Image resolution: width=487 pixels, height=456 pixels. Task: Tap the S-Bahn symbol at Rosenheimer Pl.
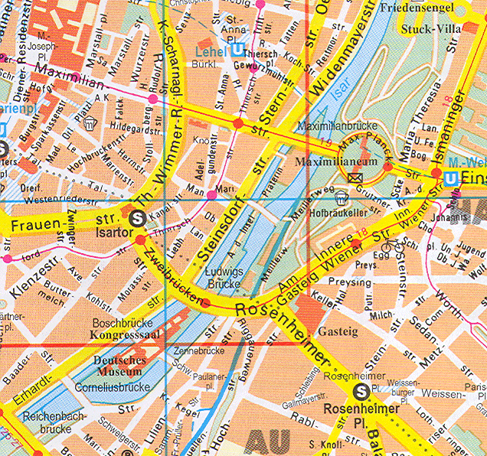coord(359,392)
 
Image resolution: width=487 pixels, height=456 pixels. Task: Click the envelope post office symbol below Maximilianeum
coord(355,178)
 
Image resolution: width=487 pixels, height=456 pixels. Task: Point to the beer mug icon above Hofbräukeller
coord(340,200)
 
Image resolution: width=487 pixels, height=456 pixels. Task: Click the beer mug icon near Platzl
coord(90,122)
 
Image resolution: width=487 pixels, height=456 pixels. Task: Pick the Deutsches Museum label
coord(119,366)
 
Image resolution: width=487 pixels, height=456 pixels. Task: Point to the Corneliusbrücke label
coord(113,387)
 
